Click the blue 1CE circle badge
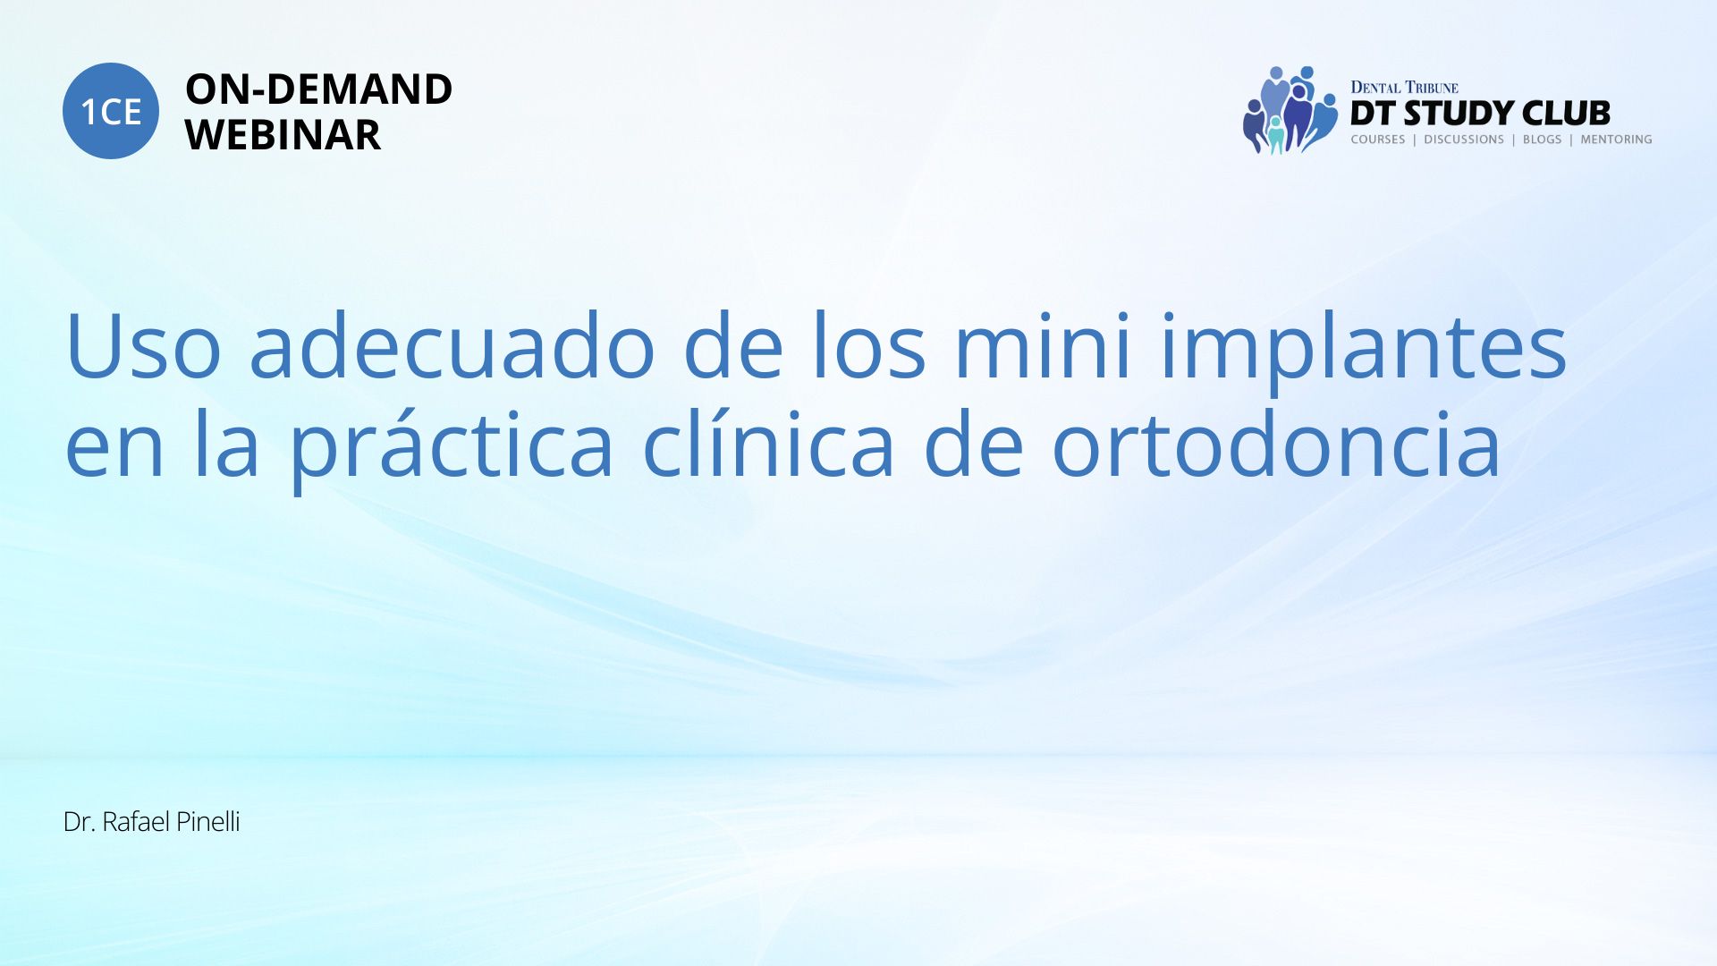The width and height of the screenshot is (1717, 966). pyautogui.click(x=111, y=111)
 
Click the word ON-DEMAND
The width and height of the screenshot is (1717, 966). pyautogui.click(x=318, y=89)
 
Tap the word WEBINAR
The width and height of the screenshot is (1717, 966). pyautogui.click(x=283, y=135)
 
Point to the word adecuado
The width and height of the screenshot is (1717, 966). pyautogui.click(x=453, y=344)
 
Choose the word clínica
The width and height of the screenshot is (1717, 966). pyautogui.click(x=768, y=442)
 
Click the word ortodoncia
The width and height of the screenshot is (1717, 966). pyautogui.click(x=1276, y=442)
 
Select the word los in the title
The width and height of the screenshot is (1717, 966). pyautogui.click(x=868, y=344)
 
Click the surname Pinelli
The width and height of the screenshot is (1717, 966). pyautogui.click(x=207, y=822)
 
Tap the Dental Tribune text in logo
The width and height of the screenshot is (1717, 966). pyautogui.click(x=1404, y=88)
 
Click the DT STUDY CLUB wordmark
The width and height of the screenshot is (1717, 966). pyautogui.click(x=1480, y=114)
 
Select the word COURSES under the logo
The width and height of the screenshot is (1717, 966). pyautogui.click(x=1378, y=140)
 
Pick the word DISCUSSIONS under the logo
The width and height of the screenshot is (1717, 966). pyautogui.click(x=1464, y=140)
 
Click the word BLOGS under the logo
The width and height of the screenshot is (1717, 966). pyautogui.click(x=1542, y=140)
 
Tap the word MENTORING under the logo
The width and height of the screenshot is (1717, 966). pyautogui.click(x=1616, y=140)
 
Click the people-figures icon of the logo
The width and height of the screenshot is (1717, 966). pyautogui.click(x=1290, y=110)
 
